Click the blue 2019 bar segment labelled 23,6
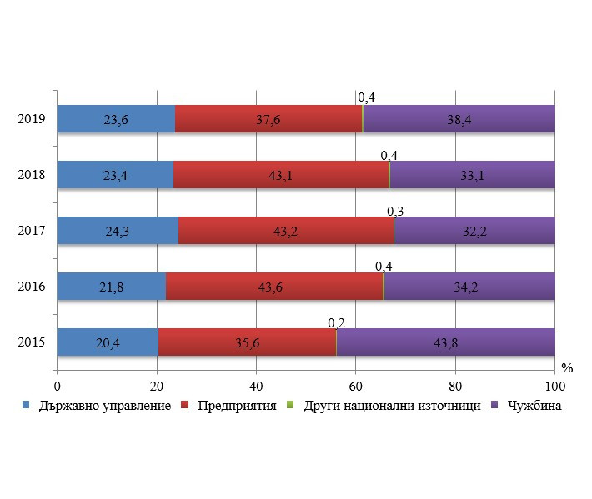coord(116,119)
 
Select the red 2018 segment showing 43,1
coord(282,175)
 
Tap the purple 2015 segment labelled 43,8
coord(445,342)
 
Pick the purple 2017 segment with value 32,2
coord(474,231)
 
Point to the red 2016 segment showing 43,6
coord(274,287)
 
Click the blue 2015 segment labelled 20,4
coord(108,342)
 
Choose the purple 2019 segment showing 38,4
coord(459,119)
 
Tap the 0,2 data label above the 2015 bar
coord(337,323)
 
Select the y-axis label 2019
coord(31,119)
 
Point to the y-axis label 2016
coord(31,287)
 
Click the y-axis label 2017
coord(31,231)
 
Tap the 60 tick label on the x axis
coord(356,387)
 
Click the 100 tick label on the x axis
coord(554,387)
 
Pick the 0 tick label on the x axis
coord(57,387)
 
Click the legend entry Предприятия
coord(235,407)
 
